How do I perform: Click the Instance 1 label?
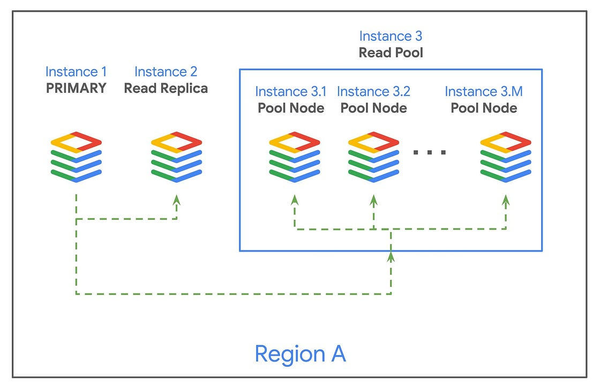tap(76, 71)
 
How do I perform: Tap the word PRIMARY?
tap(76, 88)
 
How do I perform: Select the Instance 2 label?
tap(166, 71)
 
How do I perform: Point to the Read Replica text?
tap(166, 88)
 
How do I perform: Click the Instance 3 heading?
tap(391, 36)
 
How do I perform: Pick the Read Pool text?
tap(391, 53)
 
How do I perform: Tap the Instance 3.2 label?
tap(374, 92)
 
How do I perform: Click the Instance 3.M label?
tap(484, 92)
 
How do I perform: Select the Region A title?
tap(300, 354)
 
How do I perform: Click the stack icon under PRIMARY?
tap(76, 156)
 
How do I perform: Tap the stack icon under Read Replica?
tap(176, 156)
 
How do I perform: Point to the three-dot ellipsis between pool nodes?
tap(430, 152)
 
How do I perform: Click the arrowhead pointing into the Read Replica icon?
tap(177, 200)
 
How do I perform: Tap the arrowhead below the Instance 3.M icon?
tap(506, 200)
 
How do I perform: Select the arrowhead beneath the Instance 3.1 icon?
tap(294, 200)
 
